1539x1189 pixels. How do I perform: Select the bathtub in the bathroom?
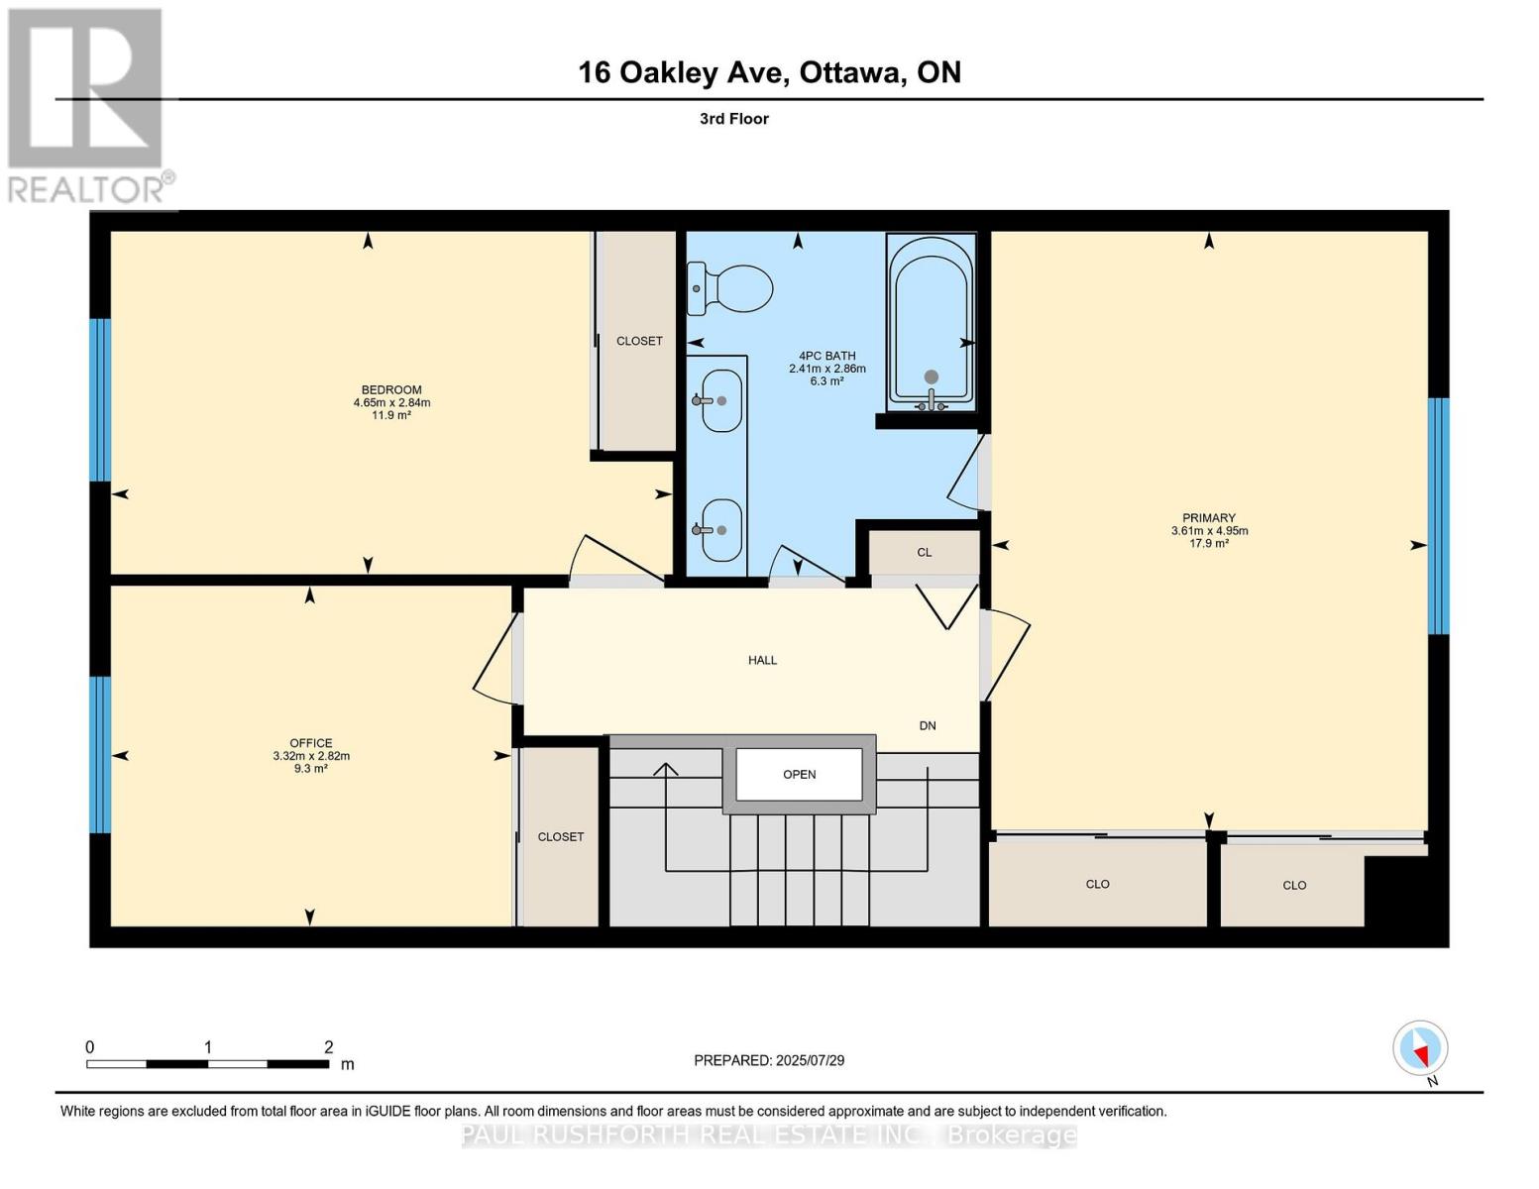pos(931,322)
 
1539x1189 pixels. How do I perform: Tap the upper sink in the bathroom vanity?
pos(719,400)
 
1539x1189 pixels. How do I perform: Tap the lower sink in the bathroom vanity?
pos(719,529)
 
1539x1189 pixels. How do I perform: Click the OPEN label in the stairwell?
pos(799,774)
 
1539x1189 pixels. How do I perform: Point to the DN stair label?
pos(928,725)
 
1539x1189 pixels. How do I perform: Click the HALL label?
pos(762,660)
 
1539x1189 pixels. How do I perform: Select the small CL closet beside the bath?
pos(924,553)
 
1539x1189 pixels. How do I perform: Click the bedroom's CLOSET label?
pos(639,341)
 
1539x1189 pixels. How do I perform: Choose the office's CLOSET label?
pos(561,836)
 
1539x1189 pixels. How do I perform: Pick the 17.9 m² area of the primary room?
pos(1209,543)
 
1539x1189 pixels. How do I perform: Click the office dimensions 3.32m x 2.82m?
pos(311,756)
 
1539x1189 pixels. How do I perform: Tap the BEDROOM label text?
pos(391,389)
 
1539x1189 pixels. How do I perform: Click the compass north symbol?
pos(1421,1048)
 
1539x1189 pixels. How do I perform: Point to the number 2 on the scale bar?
pos(328,1047)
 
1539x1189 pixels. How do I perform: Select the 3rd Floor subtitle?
pos(734,119)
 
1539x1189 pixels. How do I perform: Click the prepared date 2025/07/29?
pos(809,1060)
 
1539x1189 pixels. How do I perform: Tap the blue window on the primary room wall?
pos(1438,515)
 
